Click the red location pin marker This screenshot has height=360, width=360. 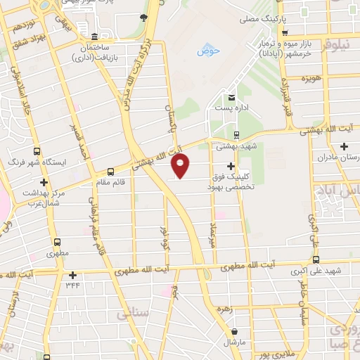tap(181, 166)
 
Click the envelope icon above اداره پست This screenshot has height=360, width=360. tap(231, 97)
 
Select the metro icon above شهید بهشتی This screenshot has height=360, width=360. tap(236, 135)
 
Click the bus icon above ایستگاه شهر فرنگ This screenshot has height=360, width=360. tap(36, 150)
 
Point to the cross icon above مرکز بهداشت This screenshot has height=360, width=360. tap(44, 182)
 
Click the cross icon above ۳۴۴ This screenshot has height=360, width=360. tap(72, 275)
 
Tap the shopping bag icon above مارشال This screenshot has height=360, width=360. tap(234, 330)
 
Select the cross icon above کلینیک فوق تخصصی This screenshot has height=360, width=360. tap(230, 166)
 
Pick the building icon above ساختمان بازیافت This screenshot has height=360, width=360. tap(95, 36)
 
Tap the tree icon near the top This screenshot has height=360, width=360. tap(143, 18)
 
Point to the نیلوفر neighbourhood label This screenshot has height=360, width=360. tap(339, 46)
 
